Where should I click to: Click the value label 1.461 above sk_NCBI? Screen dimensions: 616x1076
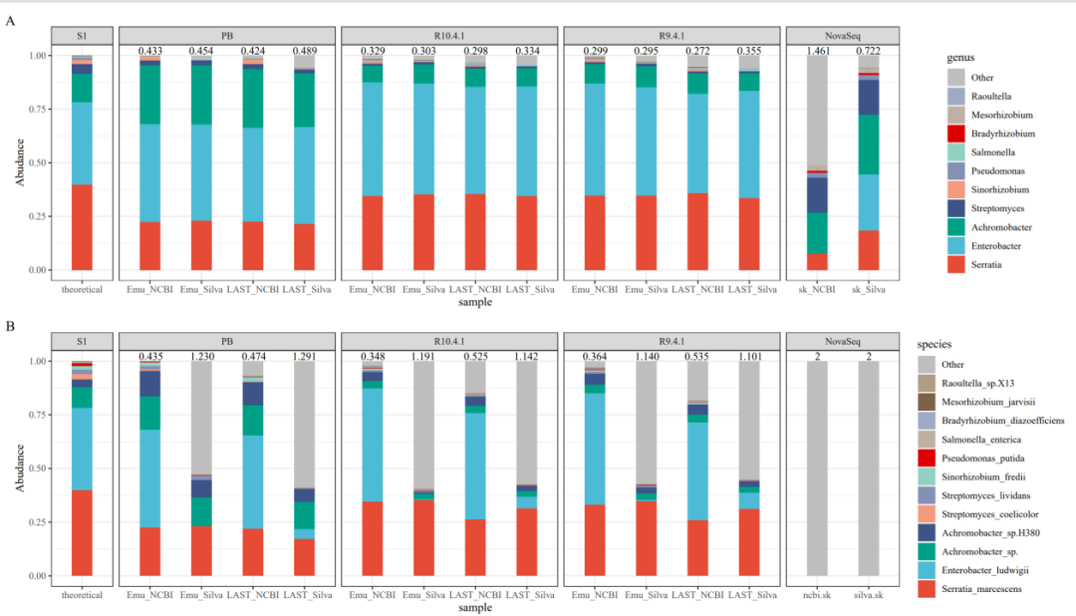[818, 50]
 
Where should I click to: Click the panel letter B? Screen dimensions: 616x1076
[10, 327]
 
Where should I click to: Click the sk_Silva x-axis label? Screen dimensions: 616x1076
[870, 289]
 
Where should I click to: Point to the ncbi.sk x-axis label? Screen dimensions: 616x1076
[818, 595]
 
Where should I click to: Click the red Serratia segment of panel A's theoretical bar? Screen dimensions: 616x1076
[83, 226]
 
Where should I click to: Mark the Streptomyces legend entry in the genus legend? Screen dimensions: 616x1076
[975, 208]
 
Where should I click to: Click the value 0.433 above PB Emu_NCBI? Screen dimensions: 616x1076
[150, 50]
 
